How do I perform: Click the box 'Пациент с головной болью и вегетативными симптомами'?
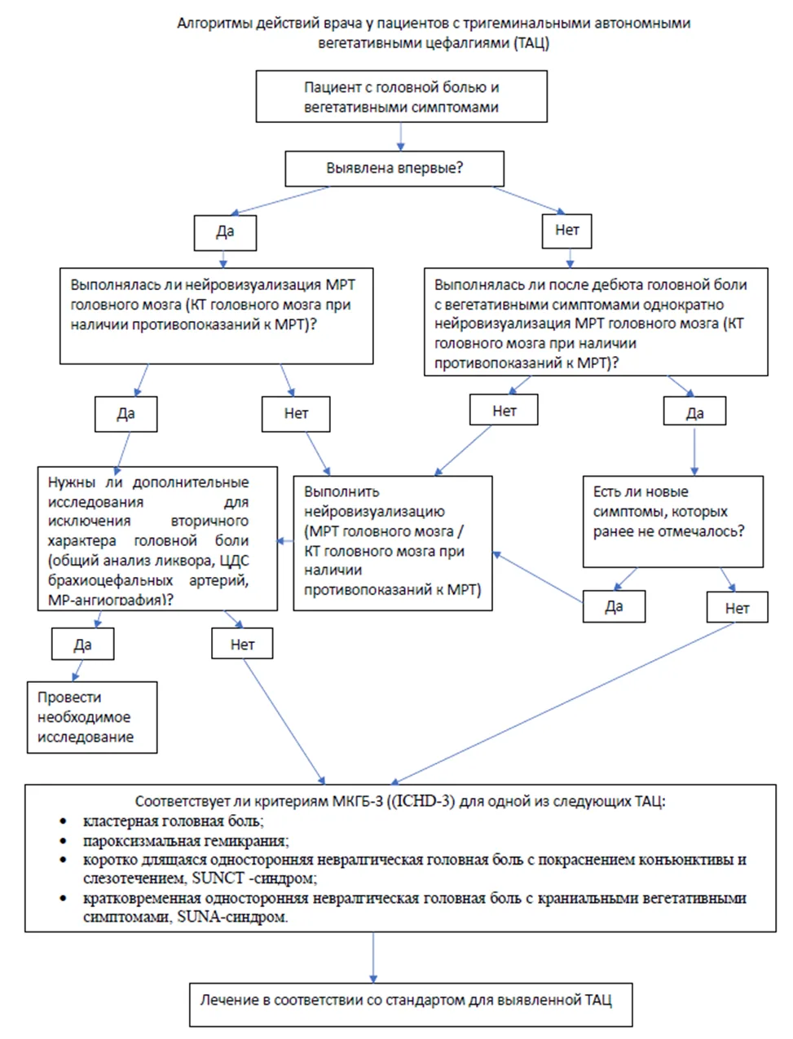[x=402, y=96]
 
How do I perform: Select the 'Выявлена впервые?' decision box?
[x=394, y=169]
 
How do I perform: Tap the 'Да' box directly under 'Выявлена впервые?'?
[x=226, y=233]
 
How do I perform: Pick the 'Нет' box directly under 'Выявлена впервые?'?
[x=566, y=231]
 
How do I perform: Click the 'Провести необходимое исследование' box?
[x=92, y=717]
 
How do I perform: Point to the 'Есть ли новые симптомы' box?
[x=672, y=522]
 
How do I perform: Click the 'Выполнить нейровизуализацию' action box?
[x=393, y=543]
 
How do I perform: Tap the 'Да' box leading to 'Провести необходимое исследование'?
[x=83, y=644]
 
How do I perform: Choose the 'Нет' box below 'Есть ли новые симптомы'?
[x=737, y=607]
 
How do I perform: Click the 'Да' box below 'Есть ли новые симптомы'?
[x=614, y=606]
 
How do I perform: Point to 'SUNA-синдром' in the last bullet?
[x=232, y=917]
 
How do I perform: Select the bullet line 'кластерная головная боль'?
[x=174, y=821]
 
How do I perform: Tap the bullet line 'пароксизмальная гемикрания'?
[x=186, y=841]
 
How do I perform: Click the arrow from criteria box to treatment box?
[x=373, y=958]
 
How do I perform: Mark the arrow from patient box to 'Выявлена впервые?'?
[x=400, y=137]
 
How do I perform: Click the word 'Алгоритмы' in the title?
[x=215, y=23]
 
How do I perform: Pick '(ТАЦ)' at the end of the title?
[x=532, y=43]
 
